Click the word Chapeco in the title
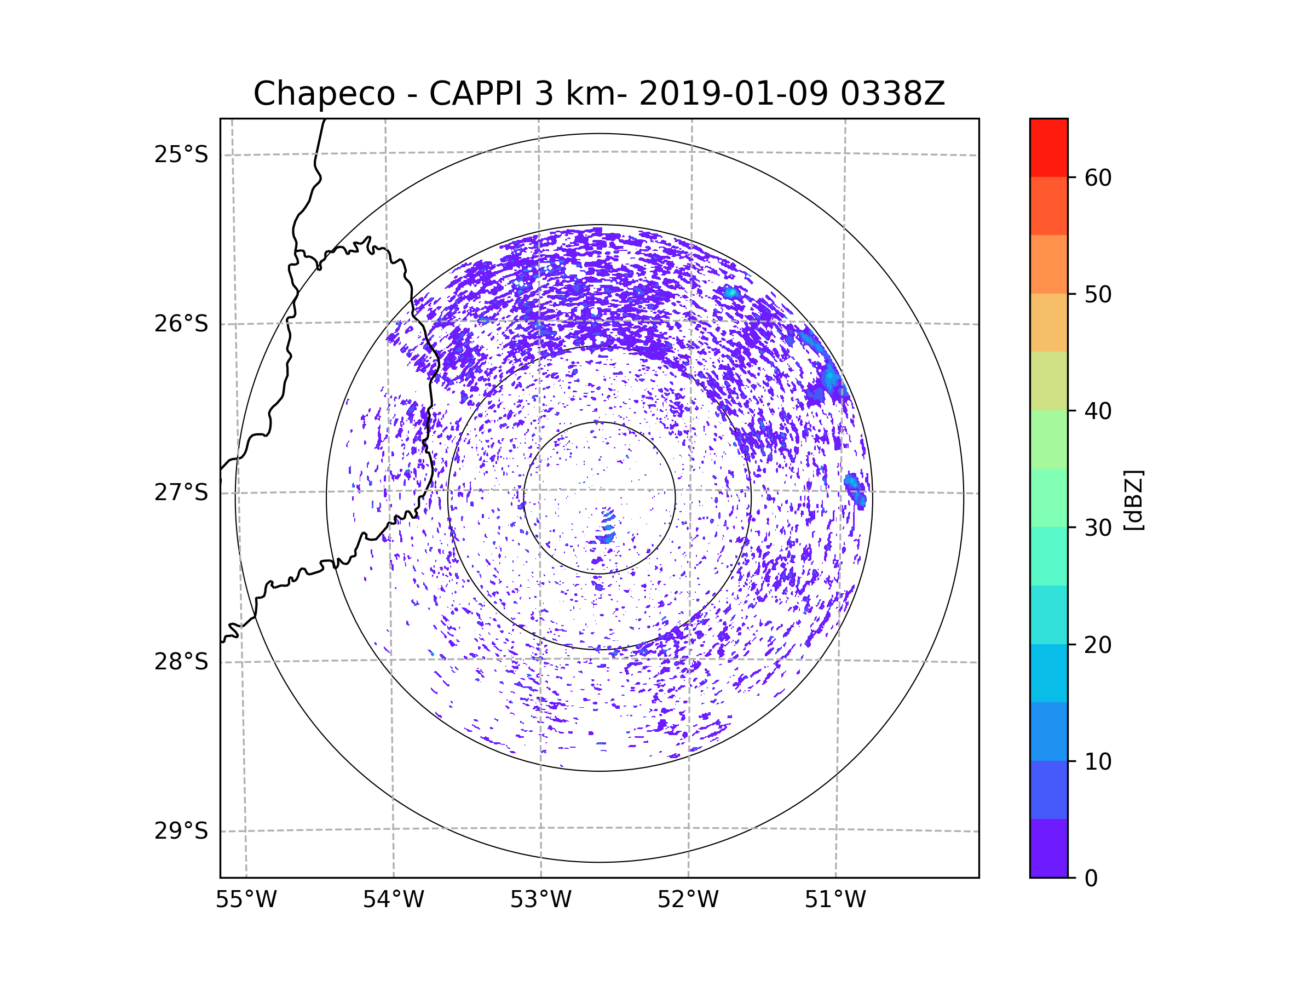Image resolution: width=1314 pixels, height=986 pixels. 324,94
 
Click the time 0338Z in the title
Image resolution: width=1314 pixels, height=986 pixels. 892,94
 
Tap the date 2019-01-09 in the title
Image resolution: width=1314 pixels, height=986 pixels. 733,94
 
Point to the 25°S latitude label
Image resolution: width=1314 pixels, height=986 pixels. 181,154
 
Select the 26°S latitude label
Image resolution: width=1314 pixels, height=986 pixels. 181,324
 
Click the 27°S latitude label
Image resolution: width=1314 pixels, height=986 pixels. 181,492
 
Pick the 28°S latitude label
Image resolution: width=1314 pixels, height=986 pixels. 181,662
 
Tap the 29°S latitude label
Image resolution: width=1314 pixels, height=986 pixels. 181,831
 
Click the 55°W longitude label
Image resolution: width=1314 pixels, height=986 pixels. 246,900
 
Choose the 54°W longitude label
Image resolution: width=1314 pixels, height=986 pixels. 393,900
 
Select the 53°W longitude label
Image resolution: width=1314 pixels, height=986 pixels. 540,900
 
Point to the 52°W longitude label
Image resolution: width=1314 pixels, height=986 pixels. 688,900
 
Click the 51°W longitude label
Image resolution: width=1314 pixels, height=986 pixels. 835,900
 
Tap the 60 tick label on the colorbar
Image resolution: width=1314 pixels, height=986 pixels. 1098,177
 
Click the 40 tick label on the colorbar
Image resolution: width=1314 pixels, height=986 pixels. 1098,411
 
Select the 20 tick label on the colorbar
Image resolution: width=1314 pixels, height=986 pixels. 1098,645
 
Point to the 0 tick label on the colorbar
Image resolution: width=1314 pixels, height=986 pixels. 1091,879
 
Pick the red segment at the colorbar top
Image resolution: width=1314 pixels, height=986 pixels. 1049,148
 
